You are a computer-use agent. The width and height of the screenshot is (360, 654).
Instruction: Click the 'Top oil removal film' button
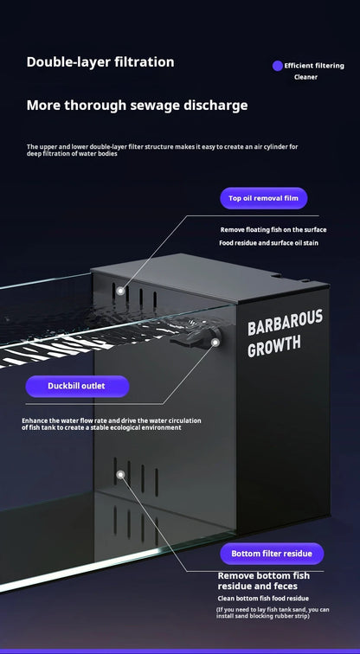(x=264, y=198)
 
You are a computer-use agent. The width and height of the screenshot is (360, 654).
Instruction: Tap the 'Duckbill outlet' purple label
(x=77, y=386)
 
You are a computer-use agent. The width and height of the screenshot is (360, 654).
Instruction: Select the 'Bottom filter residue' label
(x=272, y=554)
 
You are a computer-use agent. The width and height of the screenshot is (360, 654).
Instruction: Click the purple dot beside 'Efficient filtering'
(x=278, y=66)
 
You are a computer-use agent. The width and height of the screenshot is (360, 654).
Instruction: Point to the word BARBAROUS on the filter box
(x=286, y=323)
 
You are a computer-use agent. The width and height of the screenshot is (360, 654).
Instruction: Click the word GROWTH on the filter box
(x=274, y=346)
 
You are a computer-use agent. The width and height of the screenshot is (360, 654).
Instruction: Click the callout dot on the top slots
(x=120, y=291)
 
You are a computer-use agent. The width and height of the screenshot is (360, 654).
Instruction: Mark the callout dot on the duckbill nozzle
(x=215, y=343)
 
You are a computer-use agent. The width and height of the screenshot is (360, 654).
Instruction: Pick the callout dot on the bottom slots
(x=120, y=475)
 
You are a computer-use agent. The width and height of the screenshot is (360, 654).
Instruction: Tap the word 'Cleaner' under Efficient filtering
(x=305, y=77)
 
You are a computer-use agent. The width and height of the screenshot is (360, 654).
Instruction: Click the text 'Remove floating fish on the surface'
(x=273, y=230)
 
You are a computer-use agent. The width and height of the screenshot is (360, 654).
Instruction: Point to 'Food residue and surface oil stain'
(x=268, y=243)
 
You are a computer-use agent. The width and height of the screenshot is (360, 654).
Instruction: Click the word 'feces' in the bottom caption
(x=286, y=587)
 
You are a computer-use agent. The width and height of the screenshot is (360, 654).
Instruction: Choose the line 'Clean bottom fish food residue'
(x=263, y=599)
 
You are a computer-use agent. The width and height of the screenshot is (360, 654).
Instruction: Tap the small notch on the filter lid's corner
(x=276, y=274)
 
